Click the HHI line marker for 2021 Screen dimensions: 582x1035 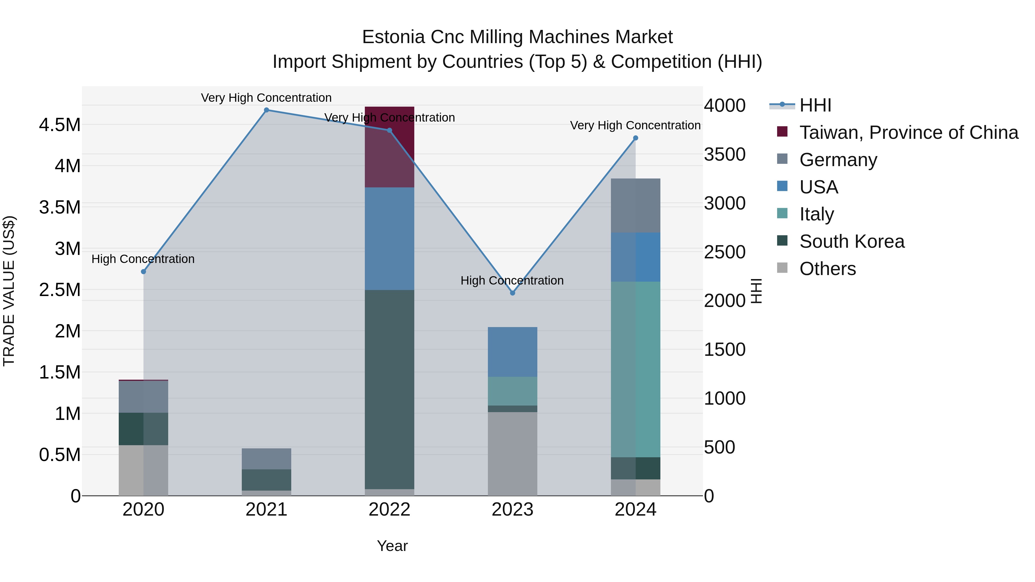[x=267, y=110]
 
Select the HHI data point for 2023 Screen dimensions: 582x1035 [x=512, y=293]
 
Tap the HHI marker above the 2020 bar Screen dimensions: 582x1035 [x=143, y=272]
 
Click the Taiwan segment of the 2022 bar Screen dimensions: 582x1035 [x=389, y=147]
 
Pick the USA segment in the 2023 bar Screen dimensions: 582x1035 [x=512, y=352]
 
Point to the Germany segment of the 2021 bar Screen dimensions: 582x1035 [x=267, y=459]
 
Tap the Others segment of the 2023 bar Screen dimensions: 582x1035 [x=512, y=454]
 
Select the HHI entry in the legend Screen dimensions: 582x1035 [x=815, y=105]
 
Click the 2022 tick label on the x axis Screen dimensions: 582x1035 [x=389, y=510]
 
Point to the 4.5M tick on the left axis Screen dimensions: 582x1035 [x=60, y=125]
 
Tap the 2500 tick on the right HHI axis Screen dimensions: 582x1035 [x=724, y=252]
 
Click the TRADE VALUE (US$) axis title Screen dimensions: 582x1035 [x=9, y=291]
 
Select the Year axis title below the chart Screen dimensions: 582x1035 [x=392, y=546]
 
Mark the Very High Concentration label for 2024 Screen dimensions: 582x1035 [x=635, y=125]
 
